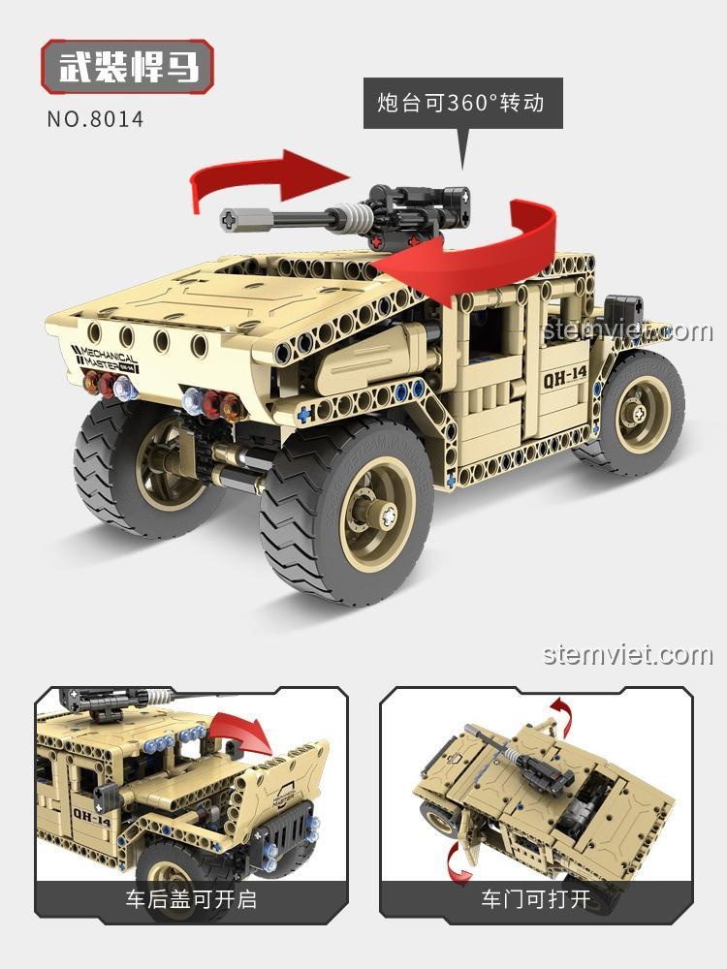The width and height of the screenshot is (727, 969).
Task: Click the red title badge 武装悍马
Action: pyautogui.click(x=127, y=67)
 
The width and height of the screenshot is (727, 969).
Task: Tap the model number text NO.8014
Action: pyautogui.click(x=95, y=118)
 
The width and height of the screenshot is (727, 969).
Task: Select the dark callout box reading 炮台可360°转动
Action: pyautogui.click(x=462, y=103)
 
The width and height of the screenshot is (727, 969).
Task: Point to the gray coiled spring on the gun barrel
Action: pyautogui.click(x=358, y=217)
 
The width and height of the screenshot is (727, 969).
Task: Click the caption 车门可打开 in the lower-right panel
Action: pyautogui.click(x=536, y=899)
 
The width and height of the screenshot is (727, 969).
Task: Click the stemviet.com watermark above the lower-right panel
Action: pyautogui.click(x=627, y=654)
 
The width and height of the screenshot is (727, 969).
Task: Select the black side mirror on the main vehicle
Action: pyautogui.click(x=623, y=310)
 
